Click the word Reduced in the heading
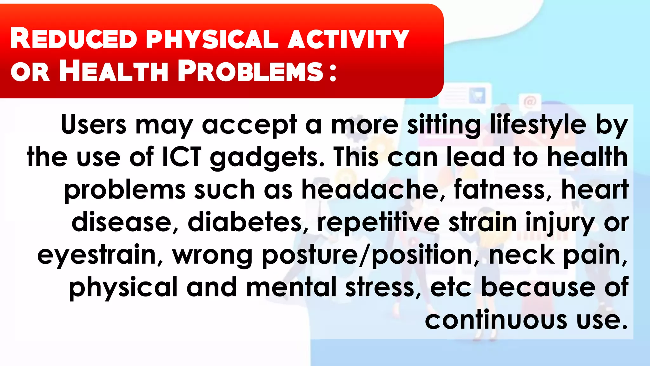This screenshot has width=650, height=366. click(x=74, y=39)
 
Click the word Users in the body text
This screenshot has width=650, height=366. click(x=94, y=125)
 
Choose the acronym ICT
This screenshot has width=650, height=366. click(x=182, y=157)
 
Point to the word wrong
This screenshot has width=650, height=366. click(x=212, y=255)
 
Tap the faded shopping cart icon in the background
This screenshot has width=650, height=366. click(x=477, y=95)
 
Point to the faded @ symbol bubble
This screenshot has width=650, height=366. click(x=529, y=102)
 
